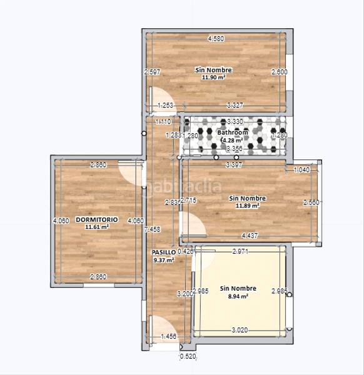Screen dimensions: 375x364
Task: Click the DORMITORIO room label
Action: (x=97, y=220)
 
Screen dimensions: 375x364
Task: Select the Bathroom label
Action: (x=233, y=132)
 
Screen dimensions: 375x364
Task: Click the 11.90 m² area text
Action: (x=213, y=78)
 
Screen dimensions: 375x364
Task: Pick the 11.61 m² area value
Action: (x=97, y=227)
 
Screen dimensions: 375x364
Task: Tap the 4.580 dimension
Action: (x=216, y=39)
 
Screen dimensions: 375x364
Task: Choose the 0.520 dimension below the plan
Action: (x=188, y=356)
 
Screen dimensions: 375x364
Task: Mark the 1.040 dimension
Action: (x=301, y=170)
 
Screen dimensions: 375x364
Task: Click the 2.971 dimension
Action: (x=241, y=251)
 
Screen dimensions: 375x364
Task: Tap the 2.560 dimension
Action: (x=311, y=202)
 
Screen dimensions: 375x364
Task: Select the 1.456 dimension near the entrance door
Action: (x=169, y=337)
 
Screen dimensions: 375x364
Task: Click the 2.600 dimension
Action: (x=279, y=72)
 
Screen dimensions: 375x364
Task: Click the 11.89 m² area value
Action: (x=247, y=206)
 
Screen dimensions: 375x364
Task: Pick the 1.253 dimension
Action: (x=166, y=105)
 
